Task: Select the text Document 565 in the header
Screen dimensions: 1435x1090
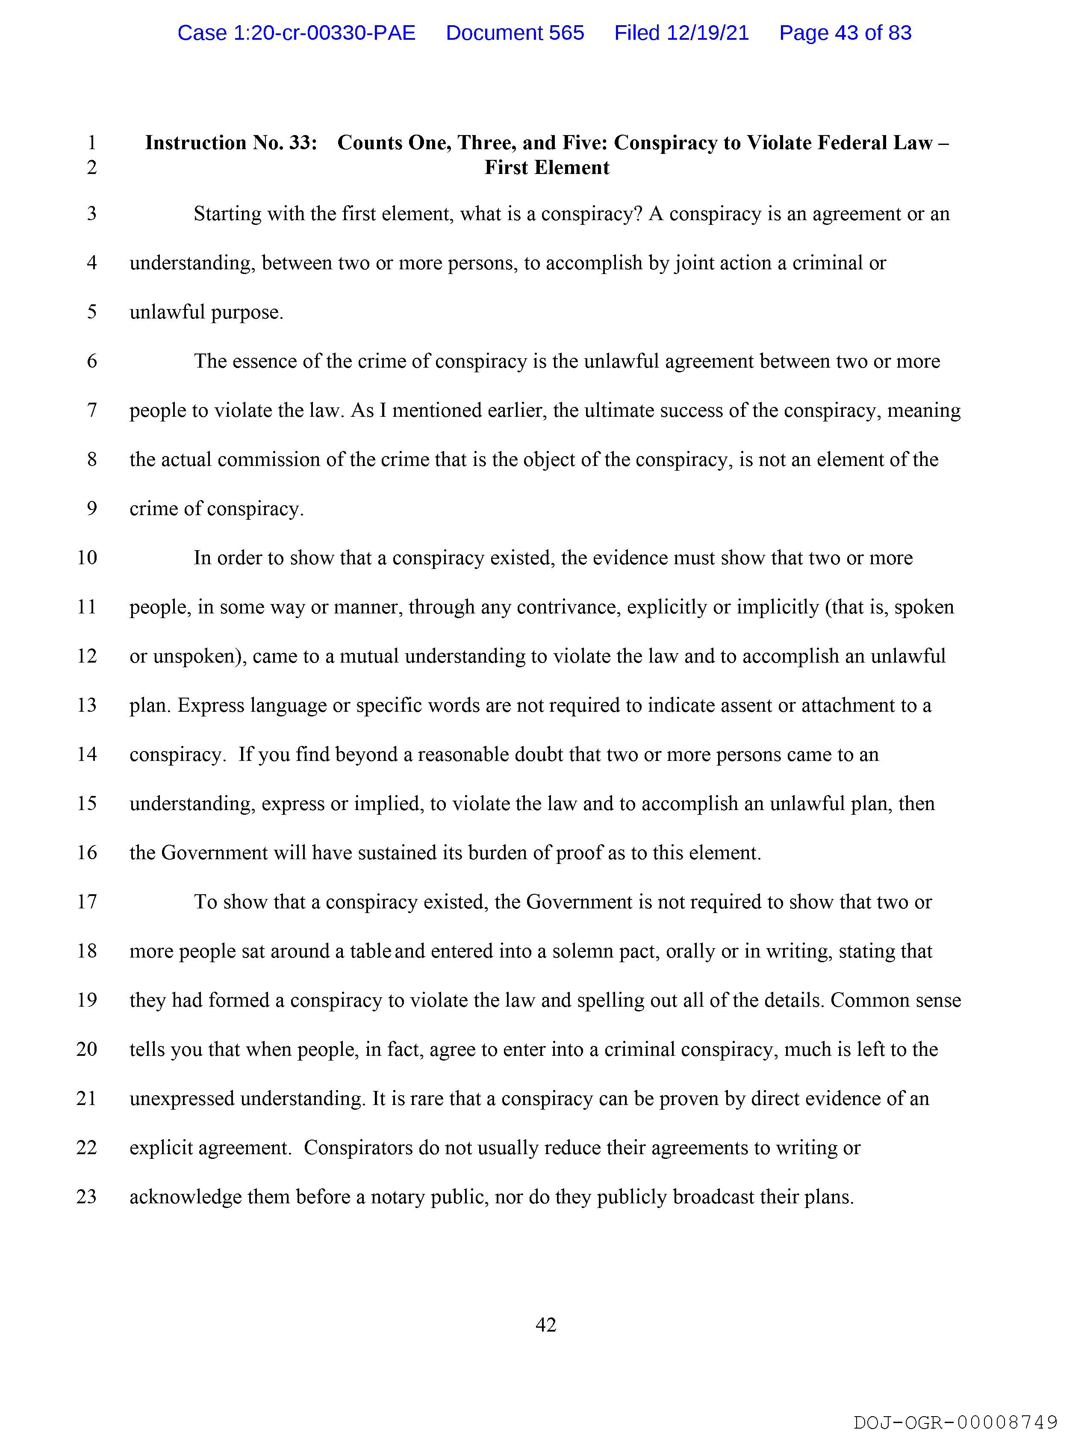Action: pyautogui.click(x=515, y=32)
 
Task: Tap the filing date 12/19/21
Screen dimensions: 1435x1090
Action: pyautogui.click(x=707, y=32)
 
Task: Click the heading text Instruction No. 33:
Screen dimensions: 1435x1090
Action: pyautogui.click(x=231, y=143)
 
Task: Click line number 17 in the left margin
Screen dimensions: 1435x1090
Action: pyautogui.click(x=87, y=902)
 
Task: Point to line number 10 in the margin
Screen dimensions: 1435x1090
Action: pyautogui.click(x=87, y=558)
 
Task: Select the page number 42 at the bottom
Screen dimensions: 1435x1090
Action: pyautogui.click(x=546, y=1325)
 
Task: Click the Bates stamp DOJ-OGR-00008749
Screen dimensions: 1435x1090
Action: pyautogui.click(x=955, y=1423)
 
